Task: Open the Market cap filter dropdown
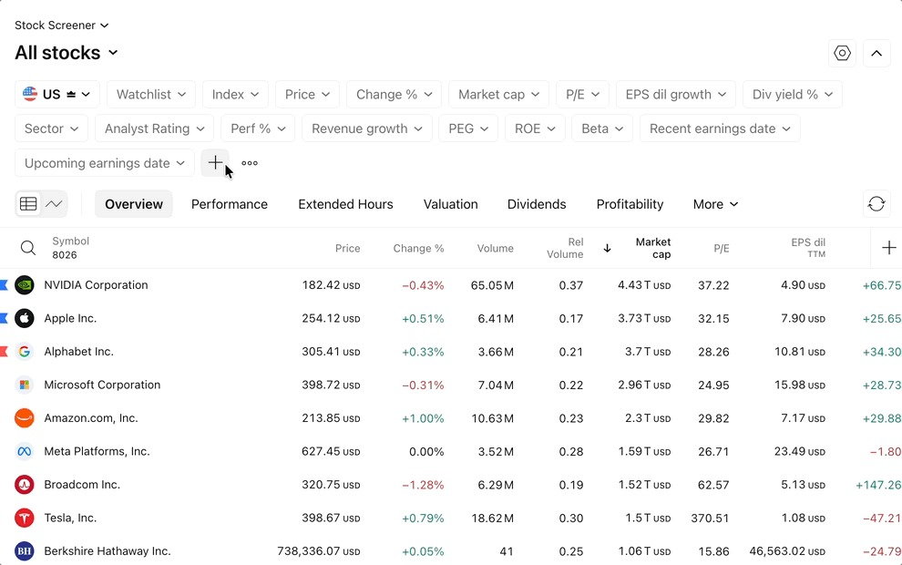coord(498,95)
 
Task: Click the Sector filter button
coord(51,128)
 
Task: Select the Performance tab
coord(230,204)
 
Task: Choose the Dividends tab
coord(537,204)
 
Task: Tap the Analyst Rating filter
coord(154,128)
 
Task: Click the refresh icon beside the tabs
coord(876,204)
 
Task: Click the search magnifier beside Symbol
coord(28,248)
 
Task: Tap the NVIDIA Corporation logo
coord(25,285)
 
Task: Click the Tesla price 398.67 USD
coord(331,518)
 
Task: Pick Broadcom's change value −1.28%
coord(423,485)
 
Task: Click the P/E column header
coord(722,249)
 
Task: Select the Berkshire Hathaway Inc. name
coord(108,551)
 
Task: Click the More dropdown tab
coord(715,204)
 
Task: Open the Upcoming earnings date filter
coord(104,163)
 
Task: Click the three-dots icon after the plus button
coord(250,163)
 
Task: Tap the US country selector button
coord(57,95)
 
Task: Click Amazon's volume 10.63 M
coord(492,418)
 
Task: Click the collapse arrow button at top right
coord(876,54)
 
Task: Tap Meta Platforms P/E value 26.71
coord(713,452)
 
